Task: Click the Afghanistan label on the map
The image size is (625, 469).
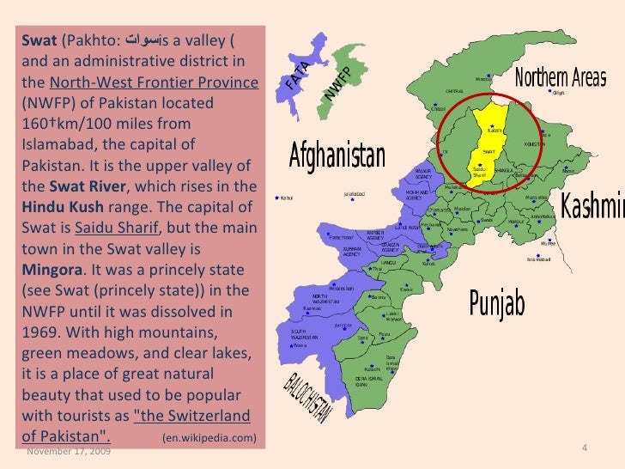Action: pos(337,157)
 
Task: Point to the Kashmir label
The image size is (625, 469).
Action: pos(592,206)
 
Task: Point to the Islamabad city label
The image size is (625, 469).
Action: pos(541,259)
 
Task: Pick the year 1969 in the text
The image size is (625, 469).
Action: pos(39,310)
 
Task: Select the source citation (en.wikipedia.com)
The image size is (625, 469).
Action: pos(209,439)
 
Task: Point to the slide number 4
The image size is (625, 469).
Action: pos(584,449)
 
